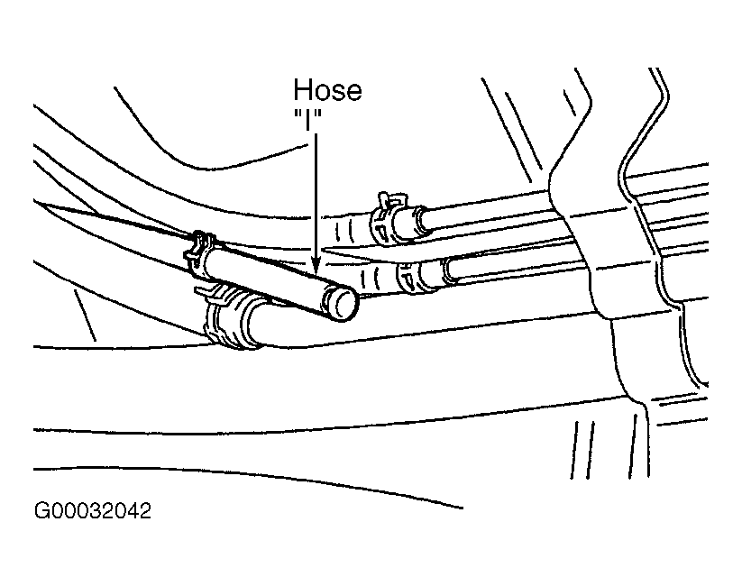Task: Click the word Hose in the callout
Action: [x=327, y=91]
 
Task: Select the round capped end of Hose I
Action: [x=342, y=304]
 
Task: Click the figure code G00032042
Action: [x=93, y=512]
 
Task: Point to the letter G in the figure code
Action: [x=41, y=512]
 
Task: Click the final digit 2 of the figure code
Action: [x=144, y=512]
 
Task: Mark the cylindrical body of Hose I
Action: [x=270, y=279]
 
